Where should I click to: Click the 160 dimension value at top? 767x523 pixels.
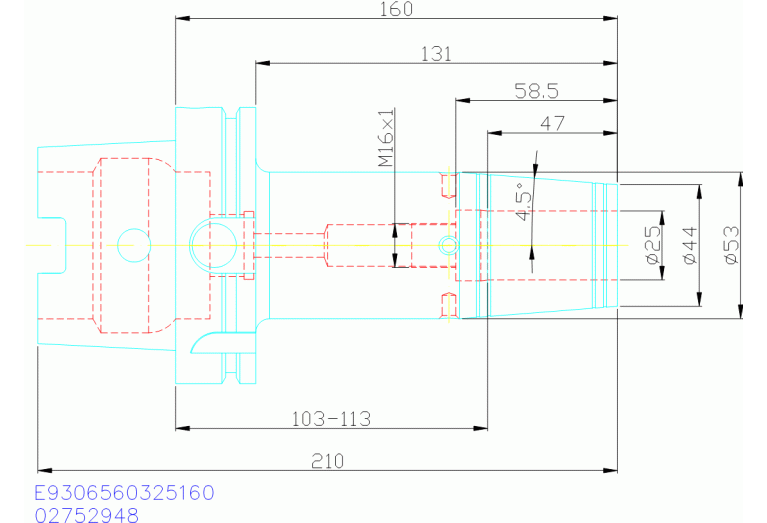pos(397,9)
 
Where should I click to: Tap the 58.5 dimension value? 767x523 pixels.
pos(536,91)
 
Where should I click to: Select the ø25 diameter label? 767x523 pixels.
pos(653,245)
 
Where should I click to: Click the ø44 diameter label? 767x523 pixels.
pos(688,245)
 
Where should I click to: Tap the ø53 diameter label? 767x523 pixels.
pos(730,245)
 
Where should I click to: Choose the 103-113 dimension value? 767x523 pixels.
pos(331,418)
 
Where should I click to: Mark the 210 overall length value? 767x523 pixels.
pos(327,461)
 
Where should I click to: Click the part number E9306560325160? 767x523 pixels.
pos(124,494)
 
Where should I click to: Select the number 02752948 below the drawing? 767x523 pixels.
pos(86,515)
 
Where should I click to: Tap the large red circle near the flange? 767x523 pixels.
pos(211,243)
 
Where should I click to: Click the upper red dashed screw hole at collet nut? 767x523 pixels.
pos(449,185)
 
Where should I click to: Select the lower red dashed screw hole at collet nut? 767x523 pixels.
pos(449,304)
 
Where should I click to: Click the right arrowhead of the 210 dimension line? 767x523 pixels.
pos(611,470)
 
